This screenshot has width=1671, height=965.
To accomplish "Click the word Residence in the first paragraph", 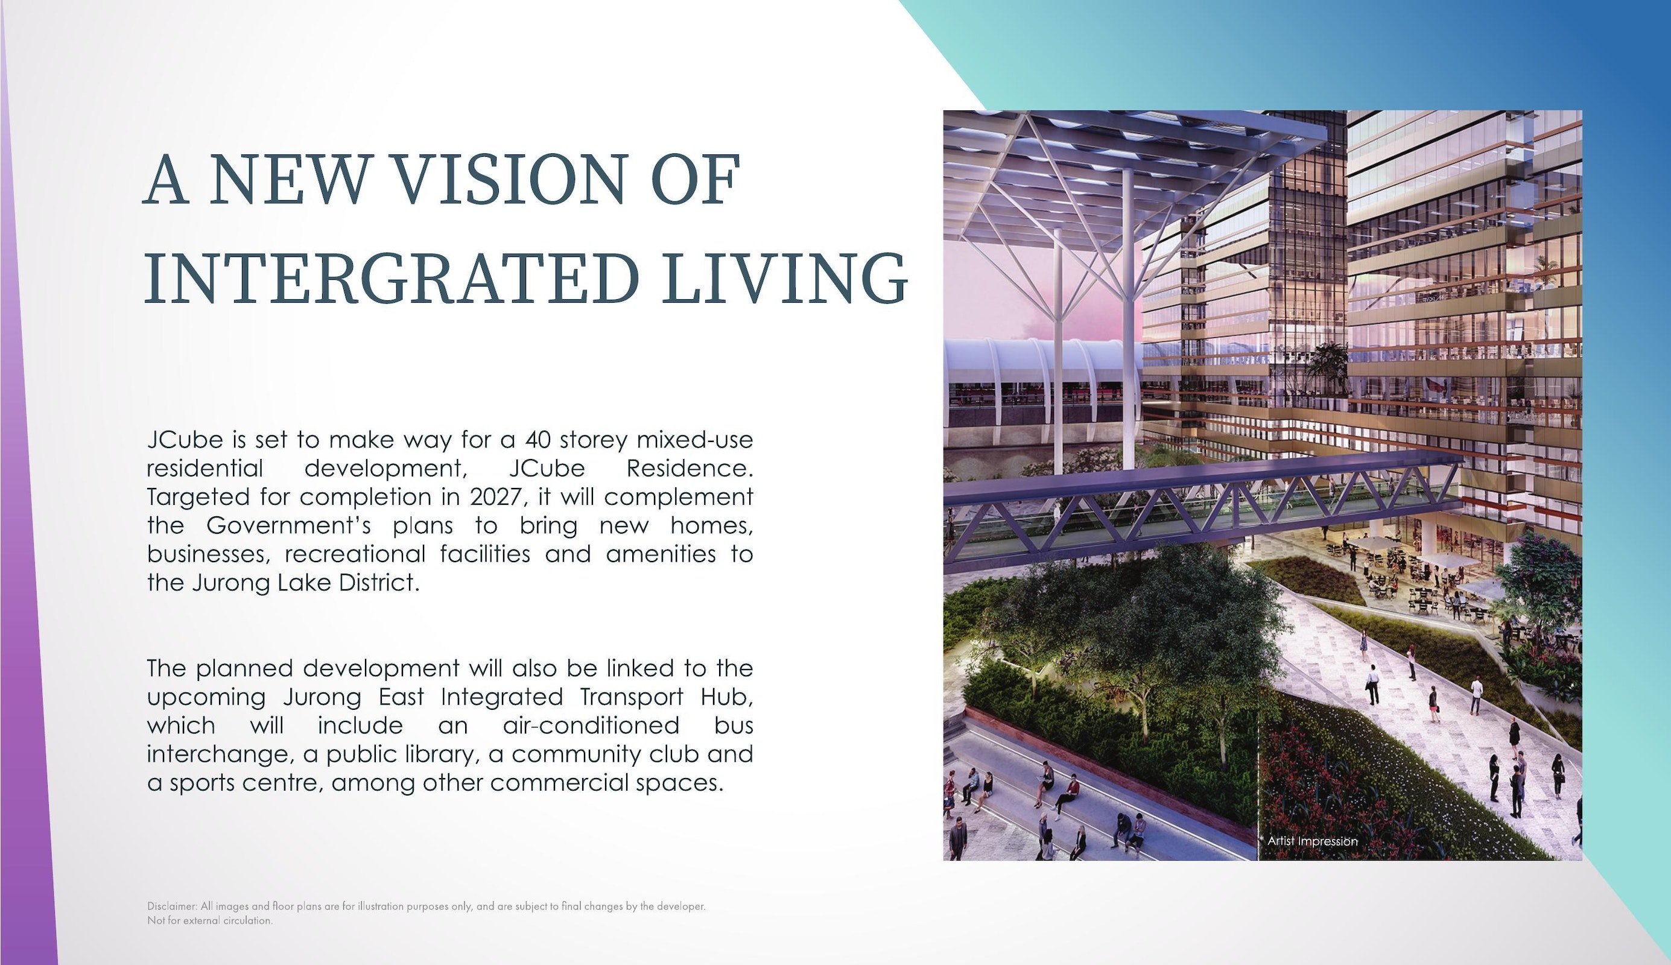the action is (690, 469).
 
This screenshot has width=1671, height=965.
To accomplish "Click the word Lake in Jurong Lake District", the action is (307, 583).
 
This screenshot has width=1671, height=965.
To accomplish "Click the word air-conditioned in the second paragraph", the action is (591, 725).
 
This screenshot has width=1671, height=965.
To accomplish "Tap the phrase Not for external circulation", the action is (210, 920).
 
